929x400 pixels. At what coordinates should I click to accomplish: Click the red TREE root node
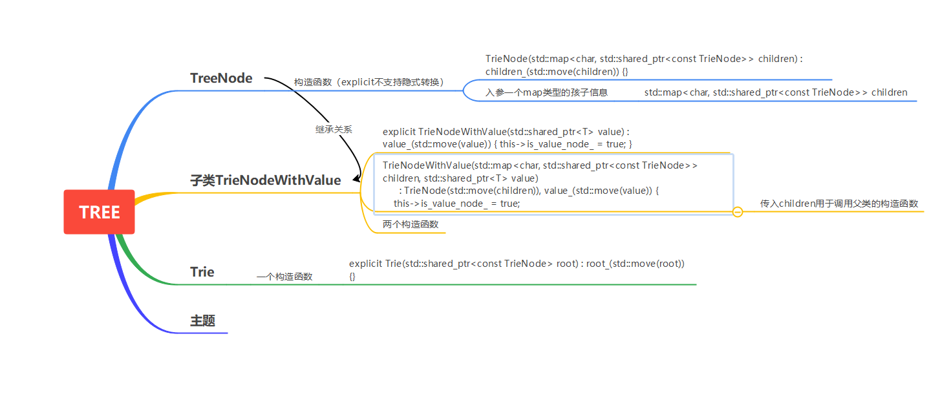(99, 212)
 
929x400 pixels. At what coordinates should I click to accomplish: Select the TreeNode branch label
(221, 78)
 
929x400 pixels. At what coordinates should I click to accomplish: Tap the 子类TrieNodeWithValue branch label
(266, 180)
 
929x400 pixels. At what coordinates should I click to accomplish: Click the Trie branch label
(202, 272)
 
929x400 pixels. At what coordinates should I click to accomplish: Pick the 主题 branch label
(202, 321)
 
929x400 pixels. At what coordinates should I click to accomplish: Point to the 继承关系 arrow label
(334, 129)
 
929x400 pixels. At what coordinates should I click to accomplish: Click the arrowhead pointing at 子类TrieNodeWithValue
(356, 178)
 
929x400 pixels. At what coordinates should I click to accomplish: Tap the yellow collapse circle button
(738, 212)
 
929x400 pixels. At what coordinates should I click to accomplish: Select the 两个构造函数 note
(410, 224)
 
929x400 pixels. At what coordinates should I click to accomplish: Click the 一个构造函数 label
(284, 277)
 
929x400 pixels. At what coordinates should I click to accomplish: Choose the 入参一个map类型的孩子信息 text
(546, 92)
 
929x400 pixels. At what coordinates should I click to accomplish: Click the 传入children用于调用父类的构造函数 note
(839, 204)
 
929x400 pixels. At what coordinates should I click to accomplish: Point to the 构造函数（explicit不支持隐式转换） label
(369, 82)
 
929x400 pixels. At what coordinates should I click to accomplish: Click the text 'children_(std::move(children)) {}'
(557, 72)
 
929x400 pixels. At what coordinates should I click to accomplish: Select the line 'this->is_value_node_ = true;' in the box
(456, 204)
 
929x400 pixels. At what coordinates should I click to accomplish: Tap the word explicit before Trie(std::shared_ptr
(365, 264)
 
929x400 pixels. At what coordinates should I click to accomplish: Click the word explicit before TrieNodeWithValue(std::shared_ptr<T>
(399, 132)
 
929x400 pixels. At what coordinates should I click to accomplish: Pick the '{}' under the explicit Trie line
(352, 277)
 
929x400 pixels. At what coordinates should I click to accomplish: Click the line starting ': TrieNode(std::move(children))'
(529, 191)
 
